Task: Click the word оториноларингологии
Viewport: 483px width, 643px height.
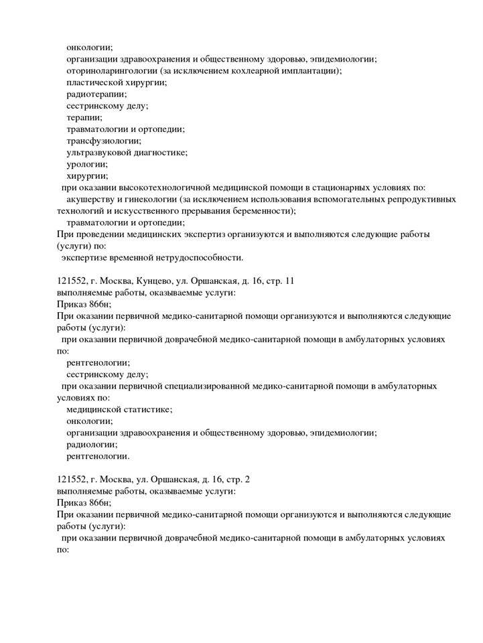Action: (x=107, y=71)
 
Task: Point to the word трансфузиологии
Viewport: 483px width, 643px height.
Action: (x=103, y=141)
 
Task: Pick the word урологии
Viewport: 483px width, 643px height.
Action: (x=86, y=164)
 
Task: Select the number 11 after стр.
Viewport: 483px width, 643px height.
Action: (x=289, y=281)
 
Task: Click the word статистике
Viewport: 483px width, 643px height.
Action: (x=147, y=409)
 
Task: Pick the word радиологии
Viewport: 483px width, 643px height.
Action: (x=91, y=444)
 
